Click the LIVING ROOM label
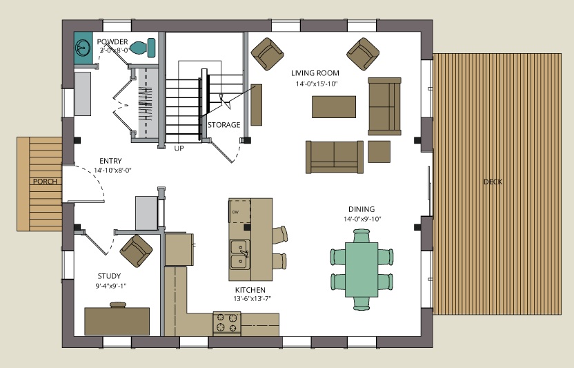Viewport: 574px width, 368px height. coord(314,72)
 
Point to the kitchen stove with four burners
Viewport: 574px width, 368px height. coord(227,323)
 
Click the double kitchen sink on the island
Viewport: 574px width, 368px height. coord(239,254)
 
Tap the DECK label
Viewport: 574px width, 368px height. coord(492,182)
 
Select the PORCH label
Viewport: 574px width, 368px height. coord(43,182)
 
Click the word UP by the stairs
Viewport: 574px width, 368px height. coord(179,148)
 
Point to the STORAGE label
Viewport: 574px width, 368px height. coord(224,125)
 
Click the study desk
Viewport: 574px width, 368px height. coord(117,320)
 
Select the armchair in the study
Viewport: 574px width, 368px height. coord(137,249)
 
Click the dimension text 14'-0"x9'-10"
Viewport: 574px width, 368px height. coord(361,219)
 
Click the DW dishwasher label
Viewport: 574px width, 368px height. coord(235,211)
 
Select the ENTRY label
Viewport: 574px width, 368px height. coord(110,161)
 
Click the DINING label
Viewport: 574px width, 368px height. coord(362,209)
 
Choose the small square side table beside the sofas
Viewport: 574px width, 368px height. coord(379,151)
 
